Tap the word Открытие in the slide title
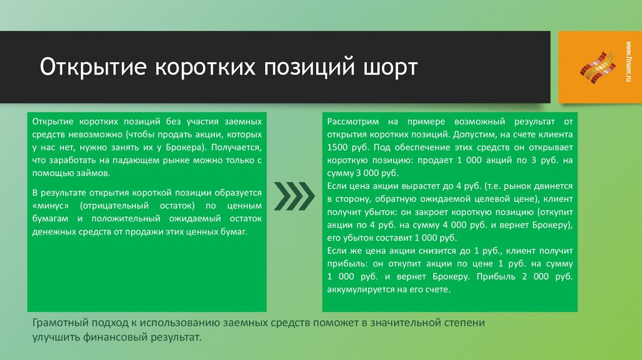85,67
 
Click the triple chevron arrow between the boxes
293,197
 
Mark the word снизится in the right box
422,251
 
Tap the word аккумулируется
359,290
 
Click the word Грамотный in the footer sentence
60,323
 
